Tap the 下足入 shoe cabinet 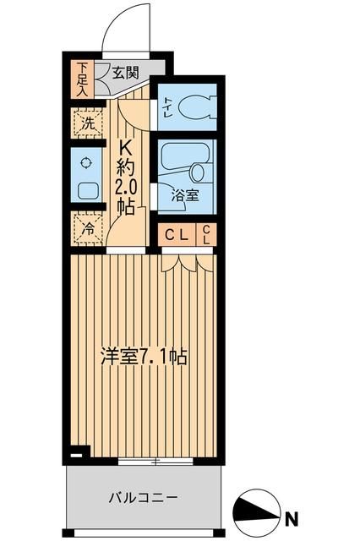click(x=82, y=79)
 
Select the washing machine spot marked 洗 click(x=87, y=123)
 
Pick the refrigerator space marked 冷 click(x=87, y=227)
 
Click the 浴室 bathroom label click(x=185, y=196)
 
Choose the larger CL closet click(x=176, y=235)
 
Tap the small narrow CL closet click(x=206, y=235)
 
